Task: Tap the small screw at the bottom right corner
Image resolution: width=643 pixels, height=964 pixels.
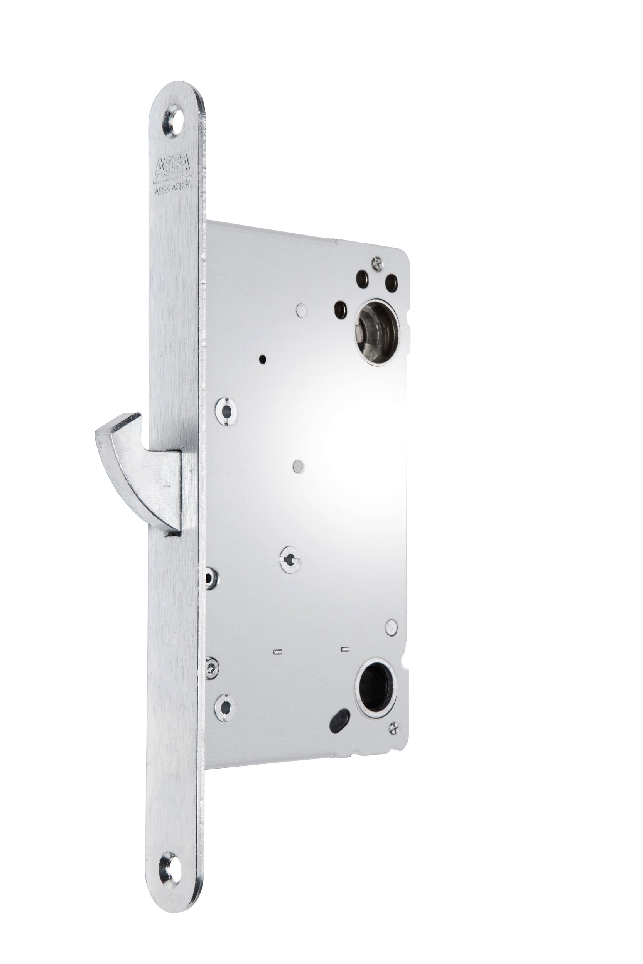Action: [394, 727]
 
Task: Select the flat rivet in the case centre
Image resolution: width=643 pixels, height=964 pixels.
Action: [298, 465]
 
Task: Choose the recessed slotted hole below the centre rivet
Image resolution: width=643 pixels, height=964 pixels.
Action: [290, 559]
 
